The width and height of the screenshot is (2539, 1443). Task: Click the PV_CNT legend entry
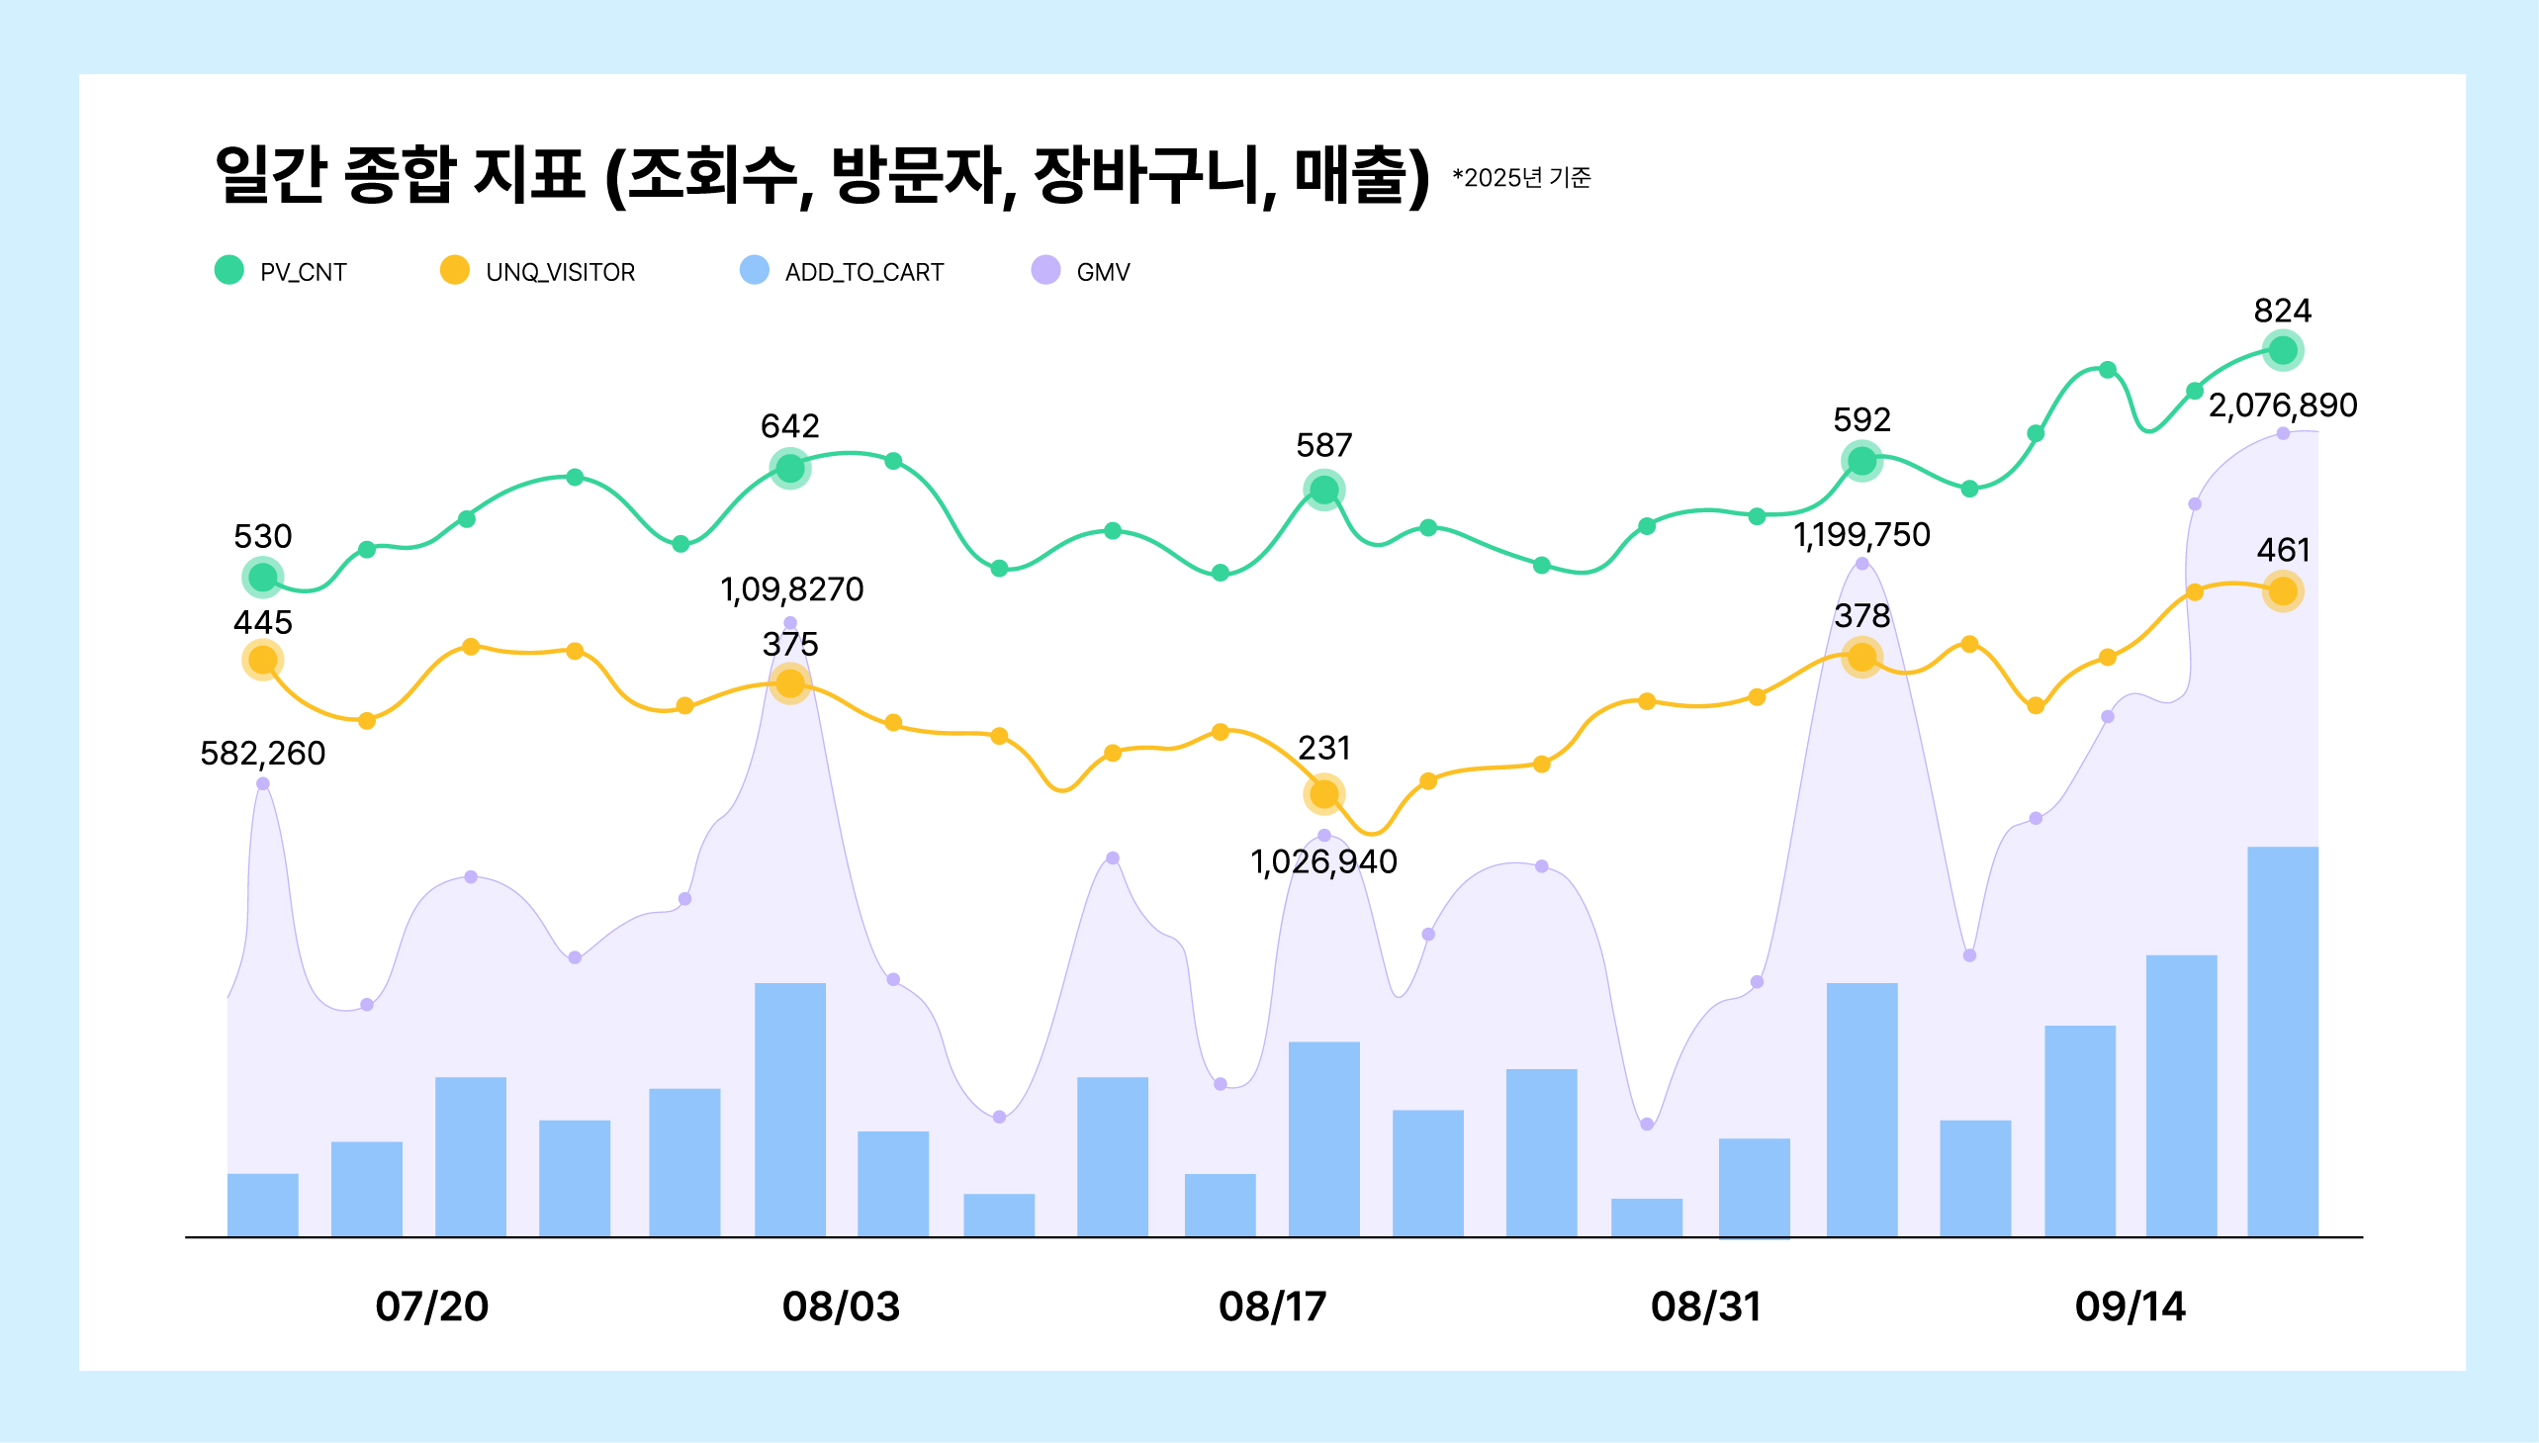click(282, 272)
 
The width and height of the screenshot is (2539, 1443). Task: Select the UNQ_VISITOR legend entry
click(538, 272)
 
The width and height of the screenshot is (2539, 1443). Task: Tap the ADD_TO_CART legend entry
click(843, 272)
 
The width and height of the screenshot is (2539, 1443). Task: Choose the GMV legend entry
click(1081, 272)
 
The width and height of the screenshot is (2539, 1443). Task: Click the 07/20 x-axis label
click(431, 1307)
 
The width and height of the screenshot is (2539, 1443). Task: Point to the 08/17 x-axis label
click(1273, 1307)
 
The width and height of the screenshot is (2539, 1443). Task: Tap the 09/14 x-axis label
click(2130, 1307)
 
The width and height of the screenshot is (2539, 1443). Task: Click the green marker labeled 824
click(2282, 350)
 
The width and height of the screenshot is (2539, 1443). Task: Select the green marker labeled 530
click(263, 577)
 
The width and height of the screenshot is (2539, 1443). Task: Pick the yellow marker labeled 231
click(1324, 794)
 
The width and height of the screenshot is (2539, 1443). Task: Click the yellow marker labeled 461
click(2282, 591)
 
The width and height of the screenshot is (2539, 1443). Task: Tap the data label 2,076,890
click(2282, 406)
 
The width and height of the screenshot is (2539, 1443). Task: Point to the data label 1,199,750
click(1861, 535)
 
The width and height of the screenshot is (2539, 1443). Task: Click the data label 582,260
click(263, 754)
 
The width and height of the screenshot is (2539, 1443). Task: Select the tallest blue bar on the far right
click(2282, 1040)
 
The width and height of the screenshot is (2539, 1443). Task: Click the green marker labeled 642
click(790, 468)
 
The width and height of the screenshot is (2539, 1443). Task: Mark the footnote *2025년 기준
click(1521, 177)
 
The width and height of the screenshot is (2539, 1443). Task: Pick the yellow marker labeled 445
click(263, 660)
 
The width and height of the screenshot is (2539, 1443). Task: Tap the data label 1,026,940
click(1324, 862)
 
